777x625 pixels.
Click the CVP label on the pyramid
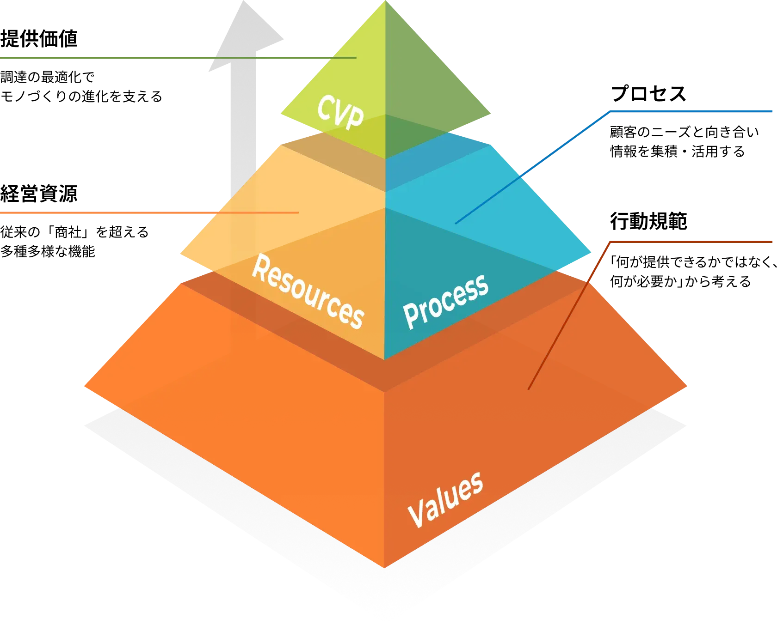coord(340,112)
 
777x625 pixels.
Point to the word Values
coord(445,500)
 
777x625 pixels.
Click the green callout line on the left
coord(139,57)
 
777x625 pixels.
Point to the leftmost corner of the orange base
coord(85,385)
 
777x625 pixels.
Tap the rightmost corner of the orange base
coord(687,384)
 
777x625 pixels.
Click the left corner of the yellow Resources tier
coord(180,254)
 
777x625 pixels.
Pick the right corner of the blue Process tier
coord(592,254)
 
